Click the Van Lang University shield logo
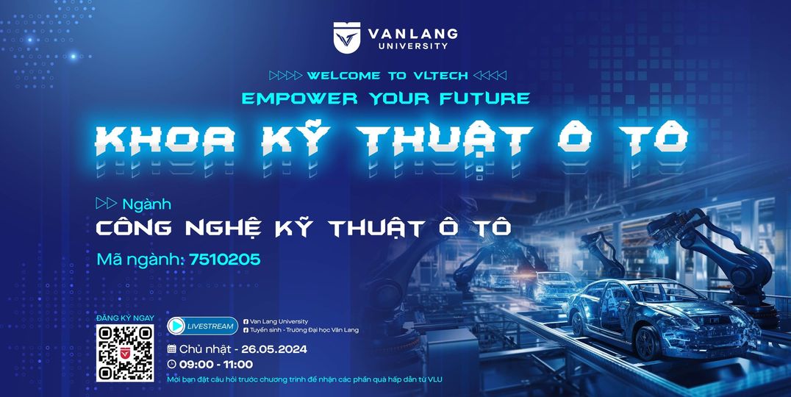(x=346, y=37)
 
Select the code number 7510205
(x=225, y=260)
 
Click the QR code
(x=125, y=353)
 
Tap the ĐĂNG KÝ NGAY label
(x=125, y=318)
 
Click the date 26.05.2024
(x=274, y=349)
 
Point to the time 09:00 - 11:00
(x=216, y=364)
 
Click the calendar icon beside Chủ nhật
(x=171, y=349)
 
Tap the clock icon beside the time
(x=171, y=364)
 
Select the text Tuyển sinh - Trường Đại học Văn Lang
(x=304, y=330)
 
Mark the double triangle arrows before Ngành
(x=107, y=204)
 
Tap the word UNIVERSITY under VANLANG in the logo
(x=413, y=46)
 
